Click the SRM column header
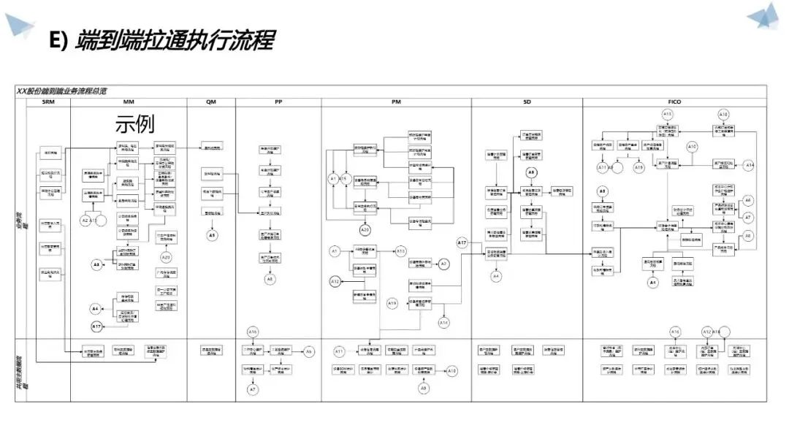(x=49, y=102)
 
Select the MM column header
(x=129, y=102)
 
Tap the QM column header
(x=211, y=102)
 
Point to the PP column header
(x=278, y=102)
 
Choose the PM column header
(x=395, y=102)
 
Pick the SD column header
(x=527, y=102)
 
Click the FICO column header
(x=674, y=102)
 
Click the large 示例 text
(x=135, y=124)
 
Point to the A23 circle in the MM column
(x=166, y=257)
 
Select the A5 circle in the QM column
(x=212, y=235)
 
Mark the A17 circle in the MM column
(x=97, y=326)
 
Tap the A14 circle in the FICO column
(x=750, y=166)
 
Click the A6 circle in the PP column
(x=308, y=352)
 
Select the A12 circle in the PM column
(x=335, y=281)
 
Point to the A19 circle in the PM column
(x=392, y=303)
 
